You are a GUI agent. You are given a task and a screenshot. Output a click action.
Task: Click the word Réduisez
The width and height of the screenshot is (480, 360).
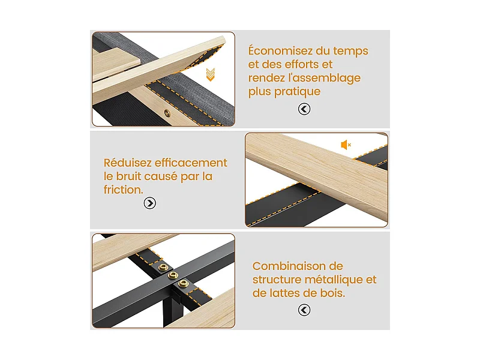tap(127, 163)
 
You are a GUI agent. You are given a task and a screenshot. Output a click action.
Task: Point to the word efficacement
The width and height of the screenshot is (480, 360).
tap(191, 163)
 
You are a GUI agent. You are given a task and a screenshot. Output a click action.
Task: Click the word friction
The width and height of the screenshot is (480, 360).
tap(124, 190)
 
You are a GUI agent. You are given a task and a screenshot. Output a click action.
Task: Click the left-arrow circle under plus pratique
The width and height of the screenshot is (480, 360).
tap(304, 109)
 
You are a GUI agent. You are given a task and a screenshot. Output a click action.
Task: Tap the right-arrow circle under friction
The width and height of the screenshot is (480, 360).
tap(149, 203)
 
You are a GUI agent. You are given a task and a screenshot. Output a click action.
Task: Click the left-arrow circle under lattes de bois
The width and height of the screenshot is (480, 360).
tap(304, 310)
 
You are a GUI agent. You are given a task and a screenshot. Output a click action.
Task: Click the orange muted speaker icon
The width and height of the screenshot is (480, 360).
tap(346, 145)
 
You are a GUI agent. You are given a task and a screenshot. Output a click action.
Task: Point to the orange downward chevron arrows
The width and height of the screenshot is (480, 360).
tap(211, 74)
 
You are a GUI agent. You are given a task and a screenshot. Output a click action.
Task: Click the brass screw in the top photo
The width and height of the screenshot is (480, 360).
tap(167, 113)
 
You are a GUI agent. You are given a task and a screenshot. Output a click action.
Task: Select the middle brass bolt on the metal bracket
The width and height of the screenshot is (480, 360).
tap(173, 275)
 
